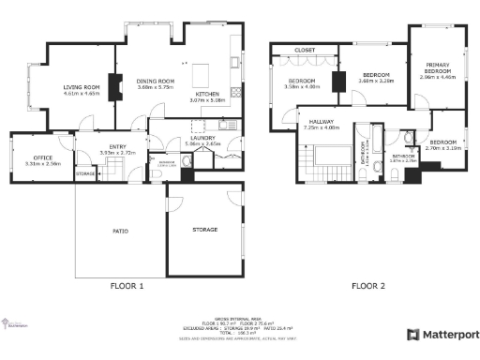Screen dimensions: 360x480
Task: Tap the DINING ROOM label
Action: click(x=157, y=82)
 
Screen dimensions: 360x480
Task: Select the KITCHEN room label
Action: click(x=206, y=95)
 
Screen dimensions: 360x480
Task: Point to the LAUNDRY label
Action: click(x=202, y=139)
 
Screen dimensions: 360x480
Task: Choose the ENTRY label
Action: click(x=117, y=147)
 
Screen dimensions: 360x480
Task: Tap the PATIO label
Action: click(x=120, y=230)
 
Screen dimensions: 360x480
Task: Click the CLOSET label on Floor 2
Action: click(x=305, y=50)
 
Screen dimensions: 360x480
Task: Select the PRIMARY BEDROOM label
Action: click(x=437, y=67)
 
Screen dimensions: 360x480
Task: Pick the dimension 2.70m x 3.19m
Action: click(x=443, y=148)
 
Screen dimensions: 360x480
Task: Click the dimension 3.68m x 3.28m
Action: click(x=376, y=81)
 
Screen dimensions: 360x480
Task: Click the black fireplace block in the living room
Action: click(x=114, y=86)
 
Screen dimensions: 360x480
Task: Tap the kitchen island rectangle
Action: click(x=199, y=73)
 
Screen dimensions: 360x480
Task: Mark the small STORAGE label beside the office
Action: click(x=85, y=173)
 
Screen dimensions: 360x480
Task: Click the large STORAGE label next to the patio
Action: click(x=204, y=229)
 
